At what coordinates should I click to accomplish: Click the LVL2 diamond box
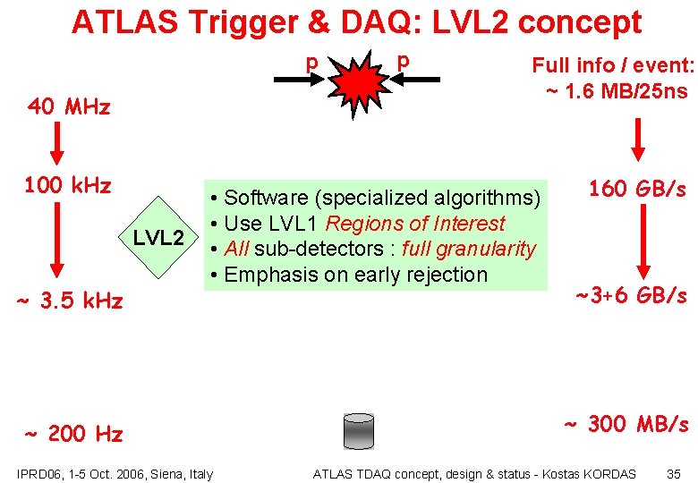[x=159, y=238]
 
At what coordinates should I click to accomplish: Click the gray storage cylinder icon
[x=358, y=431]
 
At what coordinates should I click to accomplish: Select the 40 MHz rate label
[x=69, y=107]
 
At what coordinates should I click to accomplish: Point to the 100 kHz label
[x=68, y=186]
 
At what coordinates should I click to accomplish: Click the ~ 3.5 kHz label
[x=70, y=301]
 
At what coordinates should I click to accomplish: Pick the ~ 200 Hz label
[x=74, y=435]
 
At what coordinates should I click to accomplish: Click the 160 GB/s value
[x=637, y=189]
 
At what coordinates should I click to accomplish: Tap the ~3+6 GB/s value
[x=631, y=295]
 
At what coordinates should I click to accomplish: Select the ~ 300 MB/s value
[x=626, y=424]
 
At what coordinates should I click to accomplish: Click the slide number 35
[x=674, y=473]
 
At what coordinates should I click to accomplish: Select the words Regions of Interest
[x=415, y=224]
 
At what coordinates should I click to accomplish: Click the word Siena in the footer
[x=165, y=473]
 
